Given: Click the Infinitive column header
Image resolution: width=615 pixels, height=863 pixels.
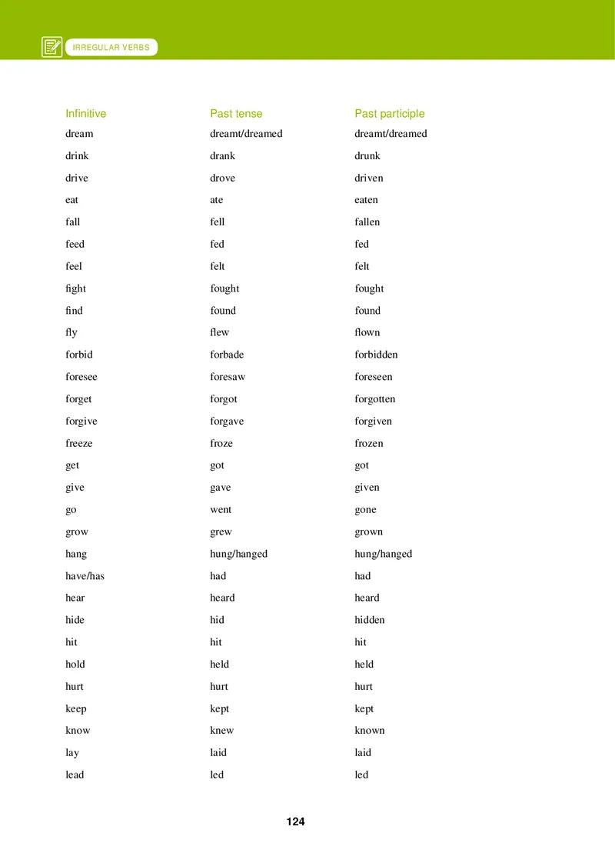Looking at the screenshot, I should pyautogui.click(x=85, y=114).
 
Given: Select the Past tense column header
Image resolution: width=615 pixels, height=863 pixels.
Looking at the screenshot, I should pyautogui.click(x=236, y=114).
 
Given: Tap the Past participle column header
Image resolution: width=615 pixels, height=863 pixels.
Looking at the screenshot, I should pyautogui.click(x=389, y=114).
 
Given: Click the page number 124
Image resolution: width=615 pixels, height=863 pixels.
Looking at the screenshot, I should pyautogui.click(x=295, y=821).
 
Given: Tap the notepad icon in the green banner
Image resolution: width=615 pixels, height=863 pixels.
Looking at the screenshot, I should pyautogui.click(x=52, y=48).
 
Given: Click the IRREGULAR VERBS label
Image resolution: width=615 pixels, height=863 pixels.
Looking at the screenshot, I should pyautogui.click(x=111, y=48).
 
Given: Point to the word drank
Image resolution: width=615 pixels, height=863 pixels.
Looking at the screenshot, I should pyautogui.click(x=222, y=156).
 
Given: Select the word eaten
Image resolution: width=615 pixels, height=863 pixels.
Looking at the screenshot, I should pyautogui.click(x=366, y=200).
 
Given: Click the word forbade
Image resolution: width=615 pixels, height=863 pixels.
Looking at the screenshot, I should pyautogui.click(x=227, y=355).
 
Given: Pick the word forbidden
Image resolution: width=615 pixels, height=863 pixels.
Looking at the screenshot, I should pyautogui.click(x=376, y=355).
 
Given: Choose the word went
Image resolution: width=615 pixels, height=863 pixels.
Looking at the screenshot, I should pyautogui.click(x=221, y=510).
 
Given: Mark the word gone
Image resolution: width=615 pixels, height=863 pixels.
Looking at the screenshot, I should pyautogui.click(x=365, y=510).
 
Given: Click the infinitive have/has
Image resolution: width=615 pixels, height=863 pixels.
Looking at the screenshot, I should pyautogui.click(x=85, y=576).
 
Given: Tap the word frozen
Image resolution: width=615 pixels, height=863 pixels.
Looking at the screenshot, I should pyautogui.click(x=368, y=444).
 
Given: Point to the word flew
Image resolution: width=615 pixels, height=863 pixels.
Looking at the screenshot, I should pyautogui.click(x=219, y=332).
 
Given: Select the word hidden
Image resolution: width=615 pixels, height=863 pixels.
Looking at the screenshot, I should pyautogui.click(x=369, y=620).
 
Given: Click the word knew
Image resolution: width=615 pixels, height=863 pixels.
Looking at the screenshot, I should pyautogui.click(x=221, y=731).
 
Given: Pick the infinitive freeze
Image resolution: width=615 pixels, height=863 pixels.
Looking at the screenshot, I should pyautogui.click(x=78, y=444).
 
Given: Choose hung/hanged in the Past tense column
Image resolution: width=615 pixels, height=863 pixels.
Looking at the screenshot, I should pyautogui.click(x=238, y=554).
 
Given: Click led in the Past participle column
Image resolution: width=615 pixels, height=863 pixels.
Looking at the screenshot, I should pyautogui.click(x=361, y=775).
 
